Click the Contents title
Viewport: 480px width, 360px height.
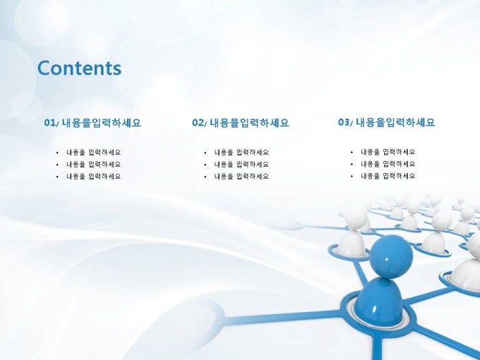point(79,68)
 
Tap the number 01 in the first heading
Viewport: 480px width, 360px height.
point(49,122)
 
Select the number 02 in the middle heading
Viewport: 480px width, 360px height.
point(198,122)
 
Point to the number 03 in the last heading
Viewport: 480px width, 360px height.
point(344,122)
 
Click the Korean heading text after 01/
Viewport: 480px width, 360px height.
point(102,123)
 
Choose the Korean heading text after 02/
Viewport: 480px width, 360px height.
point(249,123)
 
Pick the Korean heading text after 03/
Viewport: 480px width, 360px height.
point(395,122)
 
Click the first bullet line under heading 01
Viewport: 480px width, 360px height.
point(93,152)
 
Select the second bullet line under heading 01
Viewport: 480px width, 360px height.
point(93,164)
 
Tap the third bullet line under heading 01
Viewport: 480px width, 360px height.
point(93,176)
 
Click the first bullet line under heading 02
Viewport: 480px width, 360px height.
point(241,152)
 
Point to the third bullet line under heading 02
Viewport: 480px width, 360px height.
point(241,176)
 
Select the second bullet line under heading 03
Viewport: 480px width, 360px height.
point(388,164)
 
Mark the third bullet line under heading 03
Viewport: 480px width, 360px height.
point(388,176)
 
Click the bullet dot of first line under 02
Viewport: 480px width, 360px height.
point(205,152)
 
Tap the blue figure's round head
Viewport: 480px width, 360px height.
point(391,256)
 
